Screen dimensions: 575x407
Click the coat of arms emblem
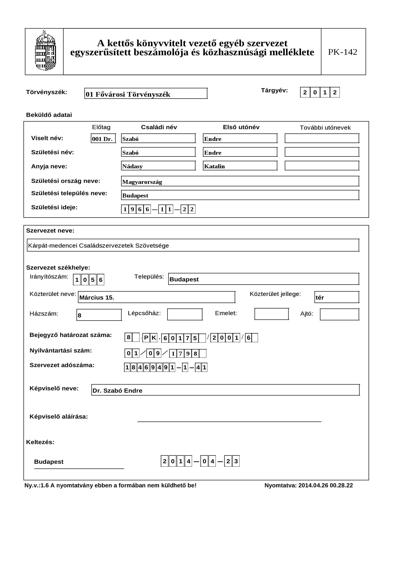(x=45, y=51)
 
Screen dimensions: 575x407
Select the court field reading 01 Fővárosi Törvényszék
(x=146, y=94)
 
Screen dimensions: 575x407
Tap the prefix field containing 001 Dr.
(x=103, y=138)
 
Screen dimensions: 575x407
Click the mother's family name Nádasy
(x=158, y=166)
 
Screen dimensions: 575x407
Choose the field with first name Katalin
(x=240, y=166)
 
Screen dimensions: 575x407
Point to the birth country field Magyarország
(x=240, y=181)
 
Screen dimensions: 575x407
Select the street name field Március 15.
(x=156, y=297)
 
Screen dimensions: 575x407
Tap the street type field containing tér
(x=337, y=297)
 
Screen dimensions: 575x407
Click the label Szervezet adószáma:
(x=62, y=365)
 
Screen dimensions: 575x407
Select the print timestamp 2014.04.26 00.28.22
(x=325, y=485)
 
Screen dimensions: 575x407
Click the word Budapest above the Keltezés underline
(x=49, y=462)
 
